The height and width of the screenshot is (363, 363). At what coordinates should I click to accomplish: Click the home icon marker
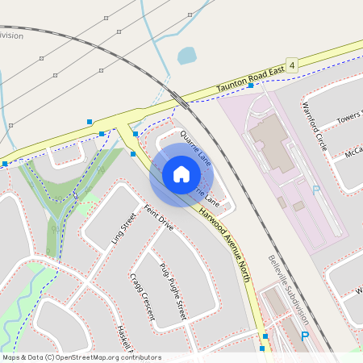click(x=181, y=174)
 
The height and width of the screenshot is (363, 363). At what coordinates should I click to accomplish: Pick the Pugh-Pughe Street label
click(x=173, y=291)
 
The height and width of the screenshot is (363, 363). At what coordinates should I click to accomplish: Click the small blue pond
click(x=187, y=56)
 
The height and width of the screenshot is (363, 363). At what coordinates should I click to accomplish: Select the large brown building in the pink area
click(x=270, y=142)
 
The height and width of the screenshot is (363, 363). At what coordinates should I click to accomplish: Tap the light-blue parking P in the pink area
click(x=315, y=191)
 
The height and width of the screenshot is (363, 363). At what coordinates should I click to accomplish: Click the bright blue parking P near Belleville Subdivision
click(x=304, y=337)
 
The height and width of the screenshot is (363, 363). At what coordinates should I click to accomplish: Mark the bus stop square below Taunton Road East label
click(x=251, y=85)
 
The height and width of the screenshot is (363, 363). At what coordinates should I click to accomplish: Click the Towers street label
click(x=349, y=118)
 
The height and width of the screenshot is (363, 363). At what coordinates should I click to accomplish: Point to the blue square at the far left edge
click(x=5, y=164)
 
